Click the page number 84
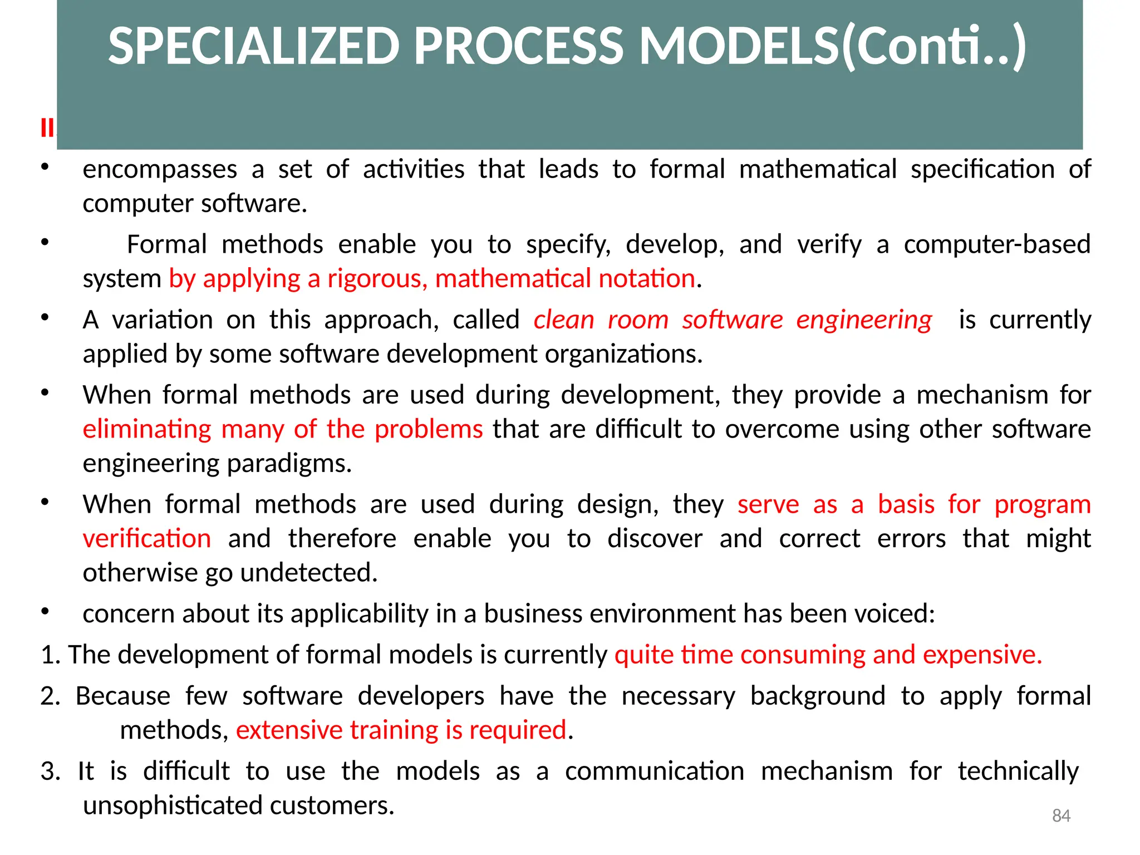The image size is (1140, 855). tap(1061, 816)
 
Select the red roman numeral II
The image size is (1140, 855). tap(47, 129)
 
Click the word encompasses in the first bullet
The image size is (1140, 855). tap(160, 170)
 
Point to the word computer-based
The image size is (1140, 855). tap(996, 244)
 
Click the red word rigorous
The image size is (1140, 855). tap(377, 279)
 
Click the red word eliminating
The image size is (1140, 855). tap(147, 429)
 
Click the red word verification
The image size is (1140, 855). tap(147, 539)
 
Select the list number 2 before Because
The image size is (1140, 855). tap(50, 696)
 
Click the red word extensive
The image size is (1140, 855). tap(289, 730)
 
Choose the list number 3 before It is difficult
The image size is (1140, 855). tap(50, 772)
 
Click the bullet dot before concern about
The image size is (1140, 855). tap(45, 612)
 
